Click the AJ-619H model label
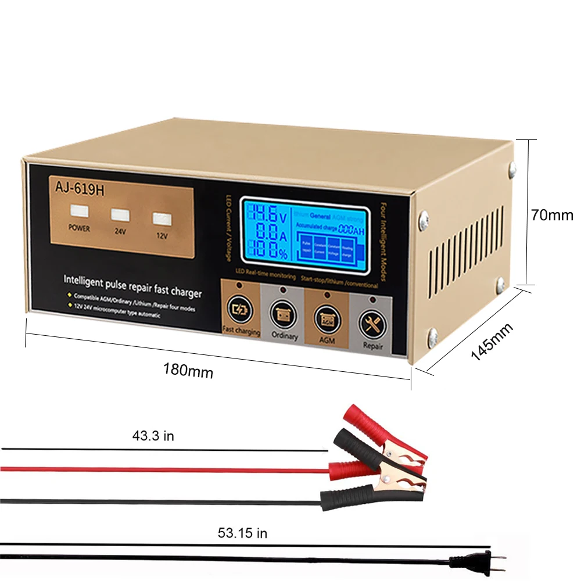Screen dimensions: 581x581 pyautogui.click(x=80, y=188)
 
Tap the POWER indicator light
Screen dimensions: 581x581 pyautogui.click(x=79, y=211)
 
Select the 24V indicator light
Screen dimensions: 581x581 pyautogui.click(x=119, y=216)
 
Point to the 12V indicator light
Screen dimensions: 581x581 pyautogui.click(x=160, y=219)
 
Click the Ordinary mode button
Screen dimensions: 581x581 pyautogui.click(x=284, y=315)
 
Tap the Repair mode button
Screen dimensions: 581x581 pyautogui.click(x=372, y=324)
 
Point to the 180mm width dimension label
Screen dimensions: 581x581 pyautogui.click(x=188, y=370)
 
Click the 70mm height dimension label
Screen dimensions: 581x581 pyautogui.click(x=551, y=215)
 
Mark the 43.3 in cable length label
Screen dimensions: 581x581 pyautogui.click(x=153, y=436)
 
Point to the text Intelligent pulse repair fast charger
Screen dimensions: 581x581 pyautogui.click(x=132, y=286)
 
